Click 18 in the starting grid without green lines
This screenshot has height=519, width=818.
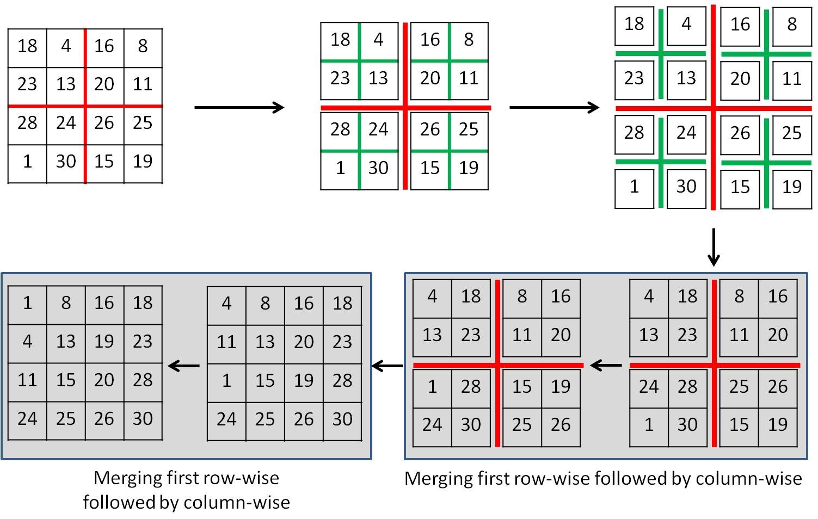27,46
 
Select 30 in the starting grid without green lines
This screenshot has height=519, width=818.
66,161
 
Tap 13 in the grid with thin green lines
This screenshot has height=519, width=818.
378,78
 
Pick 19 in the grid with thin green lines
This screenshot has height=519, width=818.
469,168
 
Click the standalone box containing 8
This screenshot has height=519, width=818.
792,24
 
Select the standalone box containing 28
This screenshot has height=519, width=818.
634,133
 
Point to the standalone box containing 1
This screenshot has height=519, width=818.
634,187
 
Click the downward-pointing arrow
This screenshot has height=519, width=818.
713,248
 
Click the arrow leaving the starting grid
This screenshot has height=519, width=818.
239,107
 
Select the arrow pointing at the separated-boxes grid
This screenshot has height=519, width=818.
554,107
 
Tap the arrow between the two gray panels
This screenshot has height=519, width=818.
388,366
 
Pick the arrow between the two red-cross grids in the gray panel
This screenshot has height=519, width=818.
606,365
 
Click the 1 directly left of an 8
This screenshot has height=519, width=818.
27,302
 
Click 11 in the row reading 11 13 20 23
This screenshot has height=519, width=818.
226,342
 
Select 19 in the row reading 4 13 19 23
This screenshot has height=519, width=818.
104,341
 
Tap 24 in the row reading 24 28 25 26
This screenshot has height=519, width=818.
649,386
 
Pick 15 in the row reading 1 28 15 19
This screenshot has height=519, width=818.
521,386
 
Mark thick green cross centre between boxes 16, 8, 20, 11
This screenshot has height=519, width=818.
766,54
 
